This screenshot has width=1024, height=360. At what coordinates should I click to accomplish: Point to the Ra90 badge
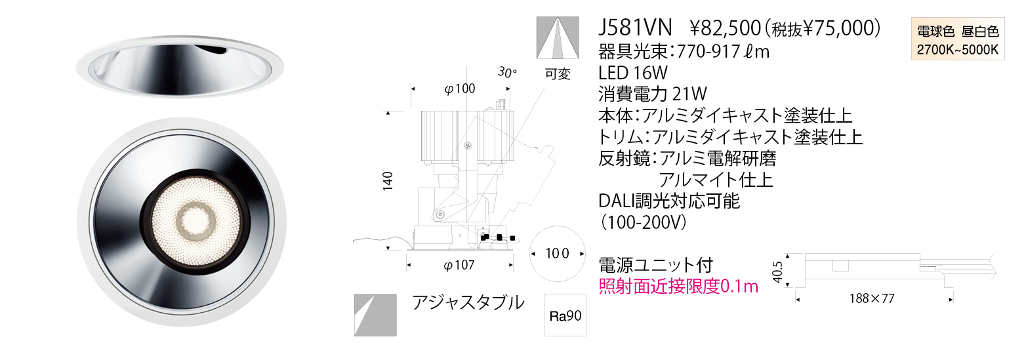pyautogui.click(x=565, y=316)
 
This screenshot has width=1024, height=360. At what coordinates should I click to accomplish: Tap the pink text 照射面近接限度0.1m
pyautogui.click(x=678, y=287)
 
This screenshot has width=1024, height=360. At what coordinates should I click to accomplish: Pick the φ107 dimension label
pyautogui.click(x=459, y=266)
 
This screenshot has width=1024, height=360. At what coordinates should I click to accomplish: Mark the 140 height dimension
pyautogui.click(x=388, y=180)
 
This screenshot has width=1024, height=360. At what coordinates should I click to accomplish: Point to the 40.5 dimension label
pyautogui.click(x=779, y=269)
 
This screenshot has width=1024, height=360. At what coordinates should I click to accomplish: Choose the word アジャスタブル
pyautogui.click(x=468, y=302)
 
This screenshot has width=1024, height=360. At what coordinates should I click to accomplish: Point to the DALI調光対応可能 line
pyautogui.click(x=669, y=201)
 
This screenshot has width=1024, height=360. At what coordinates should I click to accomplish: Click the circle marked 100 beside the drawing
pyautogui.click(x=556, y=252)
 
